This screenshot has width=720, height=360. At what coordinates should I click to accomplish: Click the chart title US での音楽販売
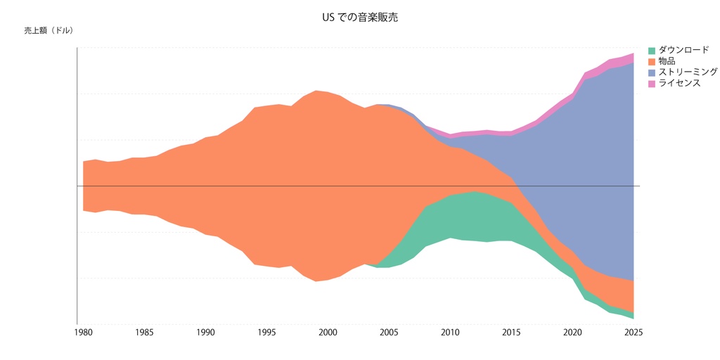pos(360,18)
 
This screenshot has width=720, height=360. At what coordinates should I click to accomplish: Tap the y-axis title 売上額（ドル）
pos(49,31)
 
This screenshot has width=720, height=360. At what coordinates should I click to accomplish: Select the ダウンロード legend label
pos(684,50)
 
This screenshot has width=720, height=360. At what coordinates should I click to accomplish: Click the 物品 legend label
pos(667,61)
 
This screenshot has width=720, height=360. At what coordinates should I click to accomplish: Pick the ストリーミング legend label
pos(688,72)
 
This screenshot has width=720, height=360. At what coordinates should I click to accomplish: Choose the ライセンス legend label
pos(680,83)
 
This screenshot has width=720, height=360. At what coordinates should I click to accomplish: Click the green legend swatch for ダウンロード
pos(652,51)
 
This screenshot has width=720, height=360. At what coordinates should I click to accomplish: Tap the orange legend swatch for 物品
pos(652,61)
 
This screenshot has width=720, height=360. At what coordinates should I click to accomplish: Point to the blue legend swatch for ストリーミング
pos(652,72)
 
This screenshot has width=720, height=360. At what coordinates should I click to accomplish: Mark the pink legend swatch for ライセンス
pos(652,83)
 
